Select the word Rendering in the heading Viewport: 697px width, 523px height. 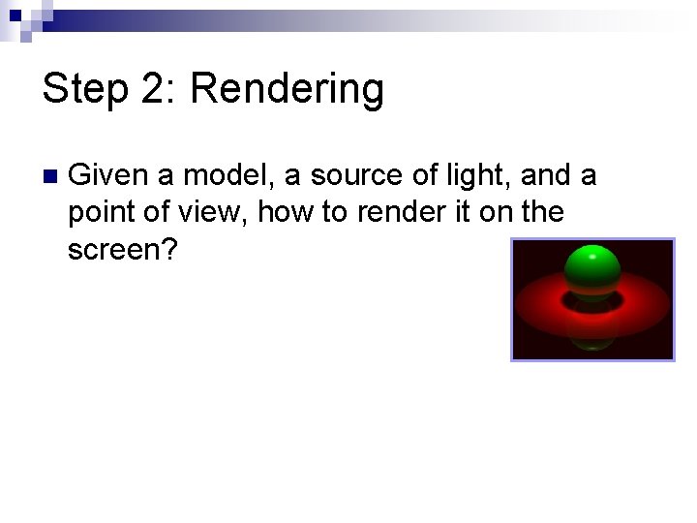pos(287,89)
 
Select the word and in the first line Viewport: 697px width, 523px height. pos(545,176)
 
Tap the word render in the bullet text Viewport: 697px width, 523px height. pos(396,213)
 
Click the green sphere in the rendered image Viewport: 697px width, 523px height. pos(591,271)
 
